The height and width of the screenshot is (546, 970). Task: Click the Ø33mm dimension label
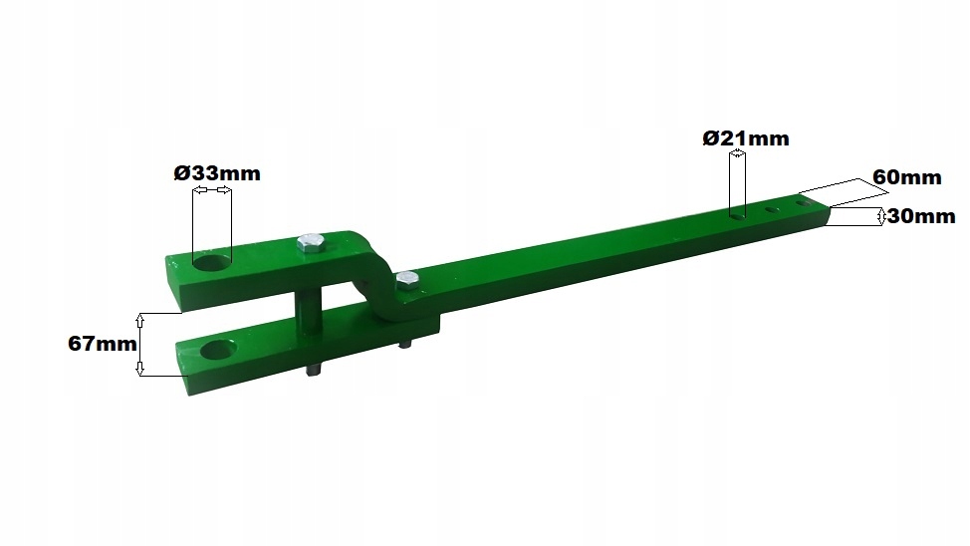click(x=216, y=172)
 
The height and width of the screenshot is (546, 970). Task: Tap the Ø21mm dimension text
click(x=745, y=138)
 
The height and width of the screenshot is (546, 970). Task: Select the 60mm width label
click(x=906, y=177)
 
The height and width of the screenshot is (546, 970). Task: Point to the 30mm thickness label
click(x=921, y=216)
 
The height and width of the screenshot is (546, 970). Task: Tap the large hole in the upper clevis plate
click(x=212, y=262)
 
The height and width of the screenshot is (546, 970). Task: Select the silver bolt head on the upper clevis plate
click(x=309, y=243)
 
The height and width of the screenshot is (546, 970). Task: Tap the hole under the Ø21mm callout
click(x=737, y=212)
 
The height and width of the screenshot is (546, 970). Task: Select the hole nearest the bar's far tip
click(x=799, y=205)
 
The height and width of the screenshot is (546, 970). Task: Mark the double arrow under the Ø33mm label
click(x=210, y=190)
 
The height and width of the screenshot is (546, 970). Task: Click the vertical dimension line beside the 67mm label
click(x=140, y=344)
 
